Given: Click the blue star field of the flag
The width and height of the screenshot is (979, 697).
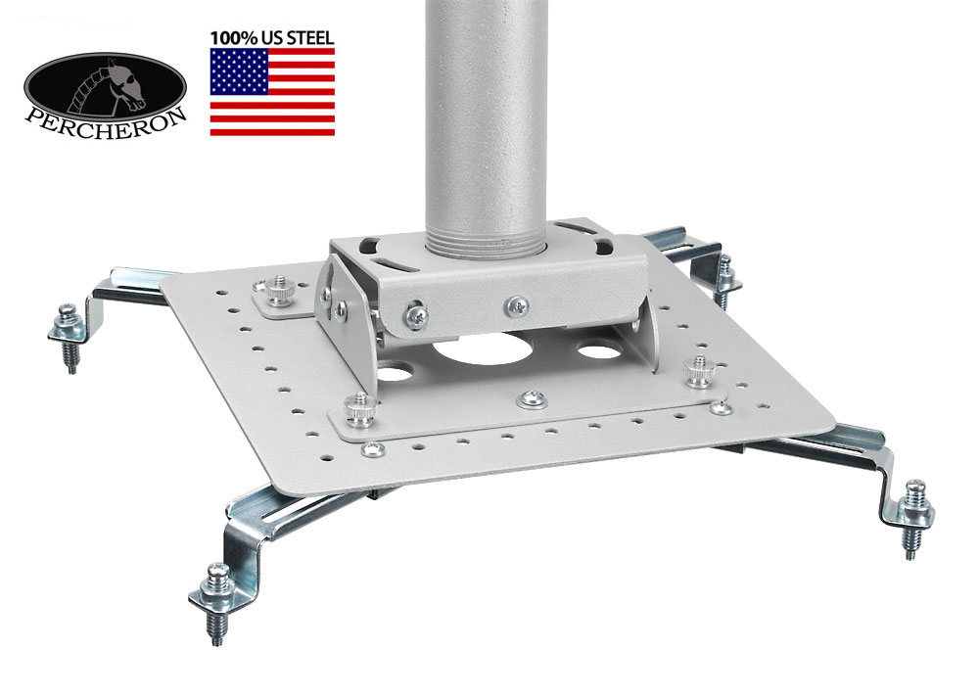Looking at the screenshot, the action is coord(239,71).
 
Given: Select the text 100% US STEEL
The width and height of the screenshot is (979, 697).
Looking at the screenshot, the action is coord(272,37).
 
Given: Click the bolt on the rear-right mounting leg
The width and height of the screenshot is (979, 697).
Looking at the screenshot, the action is coord(724,280).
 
